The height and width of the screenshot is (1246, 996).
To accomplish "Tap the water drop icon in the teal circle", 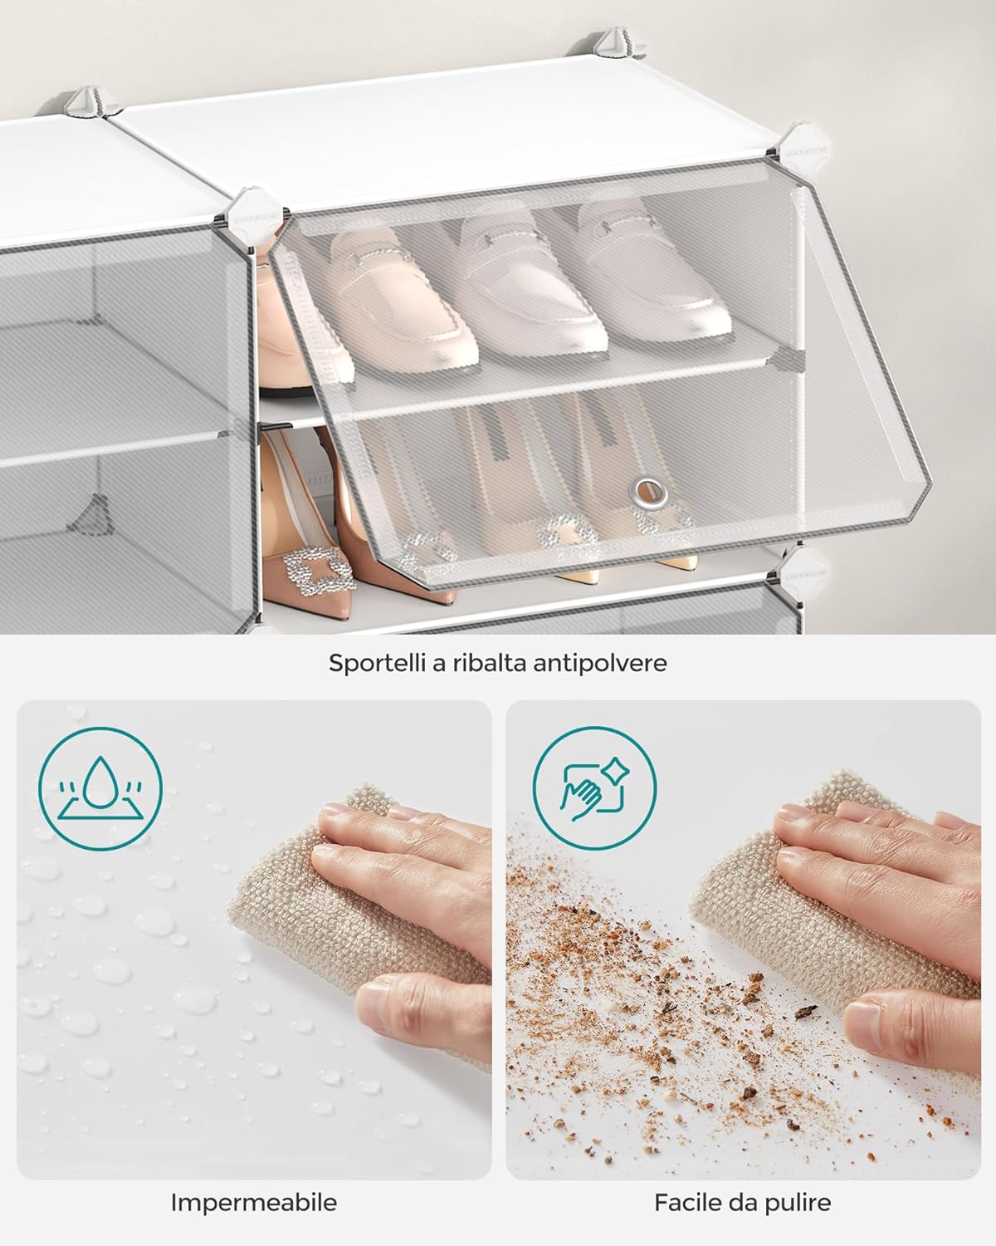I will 100,786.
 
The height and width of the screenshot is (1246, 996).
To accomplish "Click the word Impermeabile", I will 254,1202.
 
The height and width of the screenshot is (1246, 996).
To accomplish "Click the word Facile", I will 687,1202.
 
